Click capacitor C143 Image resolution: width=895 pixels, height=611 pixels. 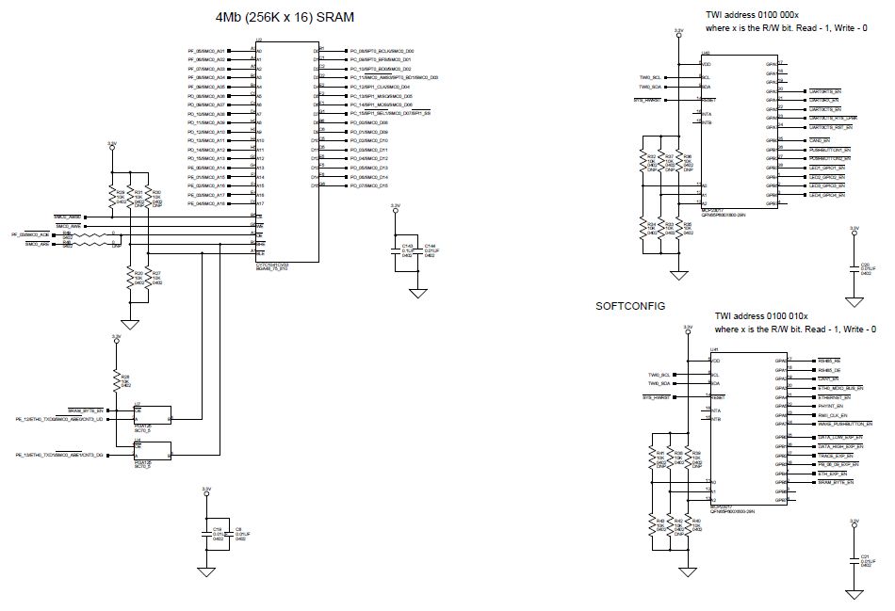tap(397, 250)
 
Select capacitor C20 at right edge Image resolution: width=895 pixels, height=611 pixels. tap(854, 269)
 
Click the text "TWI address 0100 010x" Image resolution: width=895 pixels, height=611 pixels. tap(764, 316)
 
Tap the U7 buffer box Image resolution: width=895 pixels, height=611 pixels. tap(150, 415)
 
